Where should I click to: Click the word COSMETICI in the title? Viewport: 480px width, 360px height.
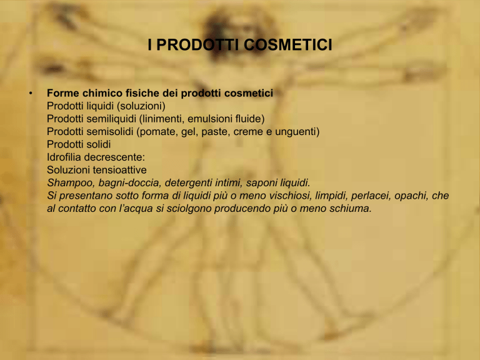pyautogui.click(x=287, y=45)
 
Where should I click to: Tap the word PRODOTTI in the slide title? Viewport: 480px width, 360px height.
pyautogui.click(x=197, y=45)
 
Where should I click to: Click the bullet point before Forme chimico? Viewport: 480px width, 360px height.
pyautogui.click(x=31, y=92)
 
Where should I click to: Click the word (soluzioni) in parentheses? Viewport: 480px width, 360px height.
pyautogui.click(x=141, y=106)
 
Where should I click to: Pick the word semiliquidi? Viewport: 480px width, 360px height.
pyautogui.click(x=111, y=119)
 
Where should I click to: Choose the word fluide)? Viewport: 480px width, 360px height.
pyautogui.click(x=250, y=119)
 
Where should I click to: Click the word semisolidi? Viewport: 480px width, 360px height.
pyautogui.click(x=110, y=132)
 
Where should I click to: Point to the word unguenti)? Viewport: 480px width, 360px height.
pyautogui.click(x=297, y=132)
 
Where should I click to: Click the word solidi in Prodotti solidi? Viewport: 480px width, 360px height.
pyautogui.click(x=99, y=144)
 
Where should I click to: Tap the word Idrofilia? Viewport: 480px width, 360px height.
pyautogui.click(x=64, y=157)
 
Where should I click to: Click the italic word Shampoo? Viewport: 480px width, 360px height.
pyautogui.click(x=71, y=183)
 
